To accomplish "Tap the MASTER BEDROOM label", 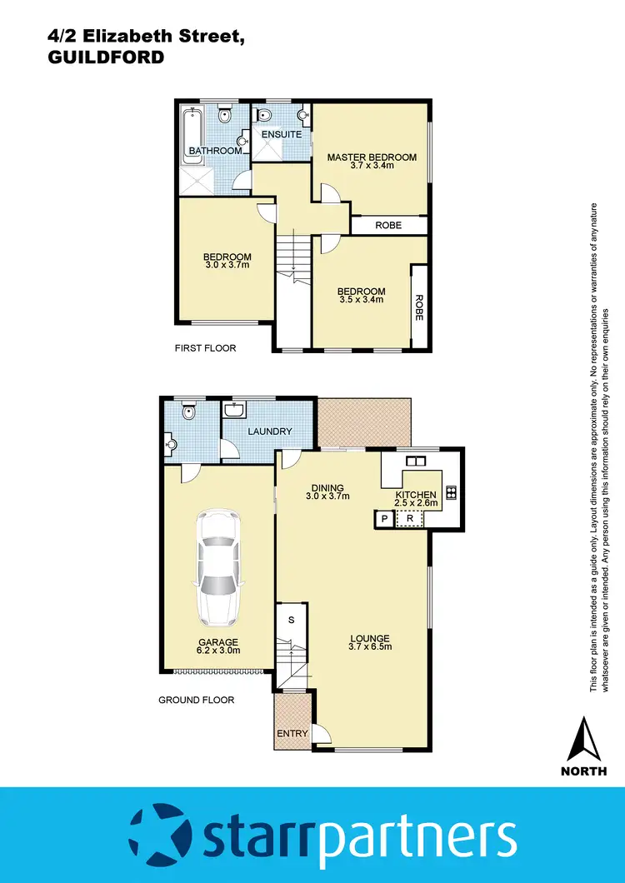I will click(371, 157).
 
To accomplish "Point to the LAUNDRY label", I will click(269, 431).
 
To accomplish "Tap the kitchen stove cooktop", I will click(451, 491).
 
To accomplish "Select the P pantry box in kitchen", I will click(384, 519).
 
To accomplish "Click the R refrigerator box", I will click(409, 519).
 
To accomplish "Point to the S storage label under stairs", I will click(291, 620).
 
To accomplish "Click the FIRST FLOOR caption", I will click(205, 348).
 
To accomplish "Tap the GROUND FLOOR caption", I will click(196, 700).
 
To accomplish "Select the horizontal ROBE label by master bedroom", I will click(388, 225).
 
